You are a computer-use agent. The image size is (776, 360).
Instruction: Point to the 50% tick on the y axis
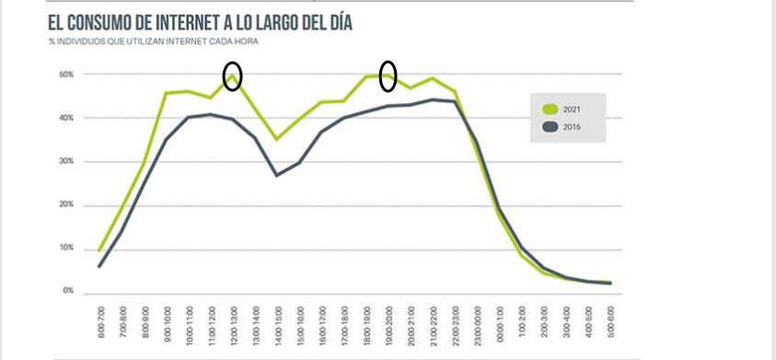point(66,75)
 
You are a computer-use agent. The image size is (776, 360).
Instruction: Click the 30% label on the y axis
point(66,161)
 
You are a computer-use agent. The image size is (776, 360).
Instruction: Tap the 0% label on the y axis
point(68,291)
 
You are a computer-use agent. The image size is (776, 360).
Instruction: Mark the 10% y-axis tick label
point(66,248)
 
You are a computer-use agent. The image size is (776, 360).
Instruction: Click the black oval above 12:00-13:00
point(233,76)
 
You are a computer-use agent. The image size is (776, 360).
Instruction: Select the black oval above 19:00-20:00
point(388,75)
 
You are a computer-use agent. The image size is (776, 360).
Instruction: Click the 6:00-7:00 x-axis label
point(100,322)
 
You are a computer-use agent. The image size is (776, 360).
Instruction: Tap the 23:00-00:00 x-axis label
point(476,322)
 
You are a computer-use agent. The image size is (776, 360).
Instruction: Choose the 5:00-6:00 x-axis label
point(609,322)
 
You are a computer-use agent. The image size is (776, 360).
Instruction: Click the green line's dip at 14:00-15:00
point(277,139)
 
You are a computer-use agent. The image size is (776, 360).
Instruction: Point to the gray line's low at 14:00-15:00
point(277,175)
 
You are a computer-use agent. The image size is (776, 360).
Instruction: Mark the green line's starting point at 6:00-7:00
point(99,250)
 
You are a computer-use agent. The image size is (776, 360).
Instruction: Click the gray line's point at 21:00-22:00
point(433,99)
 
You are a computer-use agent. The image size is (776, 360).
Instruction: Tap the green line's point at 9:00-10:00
point(167,93)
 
